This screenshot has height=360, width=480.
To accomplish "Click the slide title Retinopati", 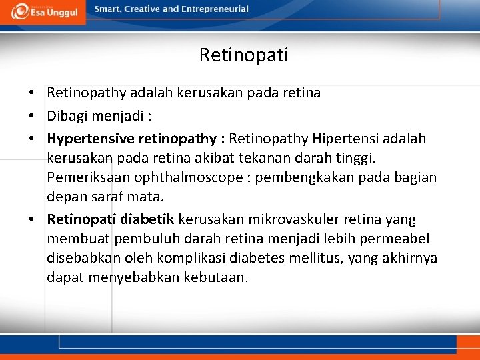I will tap(243, 55).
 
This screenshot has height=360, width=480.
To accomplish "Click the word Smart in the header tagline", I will tap(109, 9).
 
